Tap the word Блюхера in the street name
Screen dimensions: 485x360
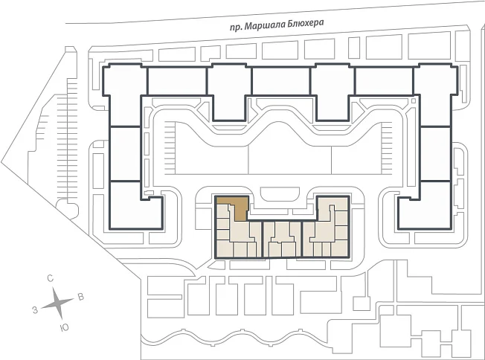click(306, 24)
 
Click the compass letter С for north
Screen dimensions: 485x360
click(50, 278)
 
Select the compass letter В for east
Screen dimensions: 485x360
click(81, 298)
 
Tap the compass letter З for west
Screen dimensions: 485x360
click(35, 310)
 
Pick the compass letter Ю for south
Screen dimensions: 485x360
click(64, 328)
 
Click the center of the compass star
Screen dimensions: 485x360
click(57, 303)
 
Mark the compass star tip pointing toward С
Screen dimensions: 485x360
click(54, 288)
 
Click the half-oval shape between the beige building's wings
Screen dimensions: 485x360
click(280, 194)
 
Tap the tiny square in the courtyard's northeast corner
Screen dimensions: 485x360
click(414, 101)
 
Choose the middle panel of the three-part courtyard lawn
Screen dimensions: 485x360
click(290, 155)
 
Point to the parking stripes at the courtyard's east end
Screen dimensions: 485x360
click(387, 148)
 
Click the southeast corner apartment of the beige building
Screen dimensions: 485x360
click(340, 248)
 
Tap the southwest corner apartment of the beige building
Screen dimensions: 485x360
click(225, 248)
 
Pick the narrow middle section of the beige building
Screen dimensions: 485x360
click(282, 240)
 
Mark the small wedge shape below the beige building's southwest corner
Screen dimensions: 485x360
click(216, 265)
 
